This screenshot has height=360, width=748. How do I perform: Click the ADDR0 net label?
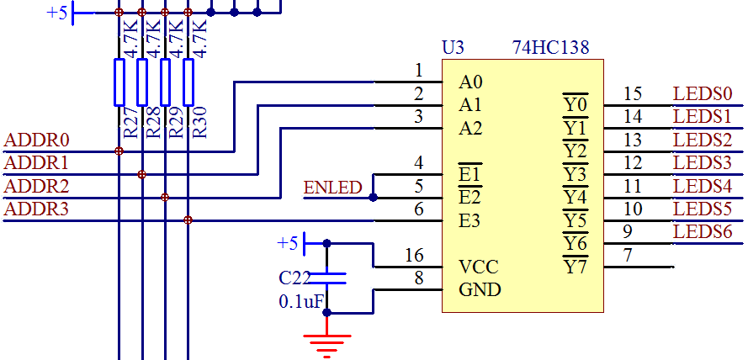tap(38, 140)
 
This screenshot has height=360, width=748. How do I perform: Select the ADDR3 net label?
tap(38, 209)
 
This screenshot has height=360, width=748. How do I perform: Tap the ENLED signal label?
tap(332, 188)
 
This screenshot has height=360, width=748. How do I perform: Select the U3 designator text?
tap(454, 48)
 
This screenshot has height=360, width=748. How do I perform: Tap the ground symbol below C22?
tap(327, 341)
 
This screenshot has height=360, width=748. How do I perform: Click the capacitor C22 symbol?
tap(327, 277)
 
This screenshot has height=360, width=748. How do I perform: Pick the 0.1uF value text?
tap(301, 300)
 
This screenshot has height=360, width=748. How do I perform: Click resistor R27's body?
tap(119, 82)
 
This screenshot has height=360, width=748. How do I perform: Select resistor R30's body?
tap(188, 82)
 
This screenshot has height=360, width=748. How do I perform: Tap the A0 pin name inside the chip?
tap(471, 82)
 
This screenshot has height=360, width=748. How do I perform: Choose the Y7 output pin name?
tap(575, 267)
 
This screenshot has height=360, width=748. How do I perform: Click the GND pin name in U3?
tap(480, 290)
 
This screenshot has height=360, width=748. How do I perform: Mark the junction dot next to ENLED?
tap(373, 198)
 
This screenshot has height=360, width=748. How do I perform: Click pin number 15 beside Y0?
tap(633, 93)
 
